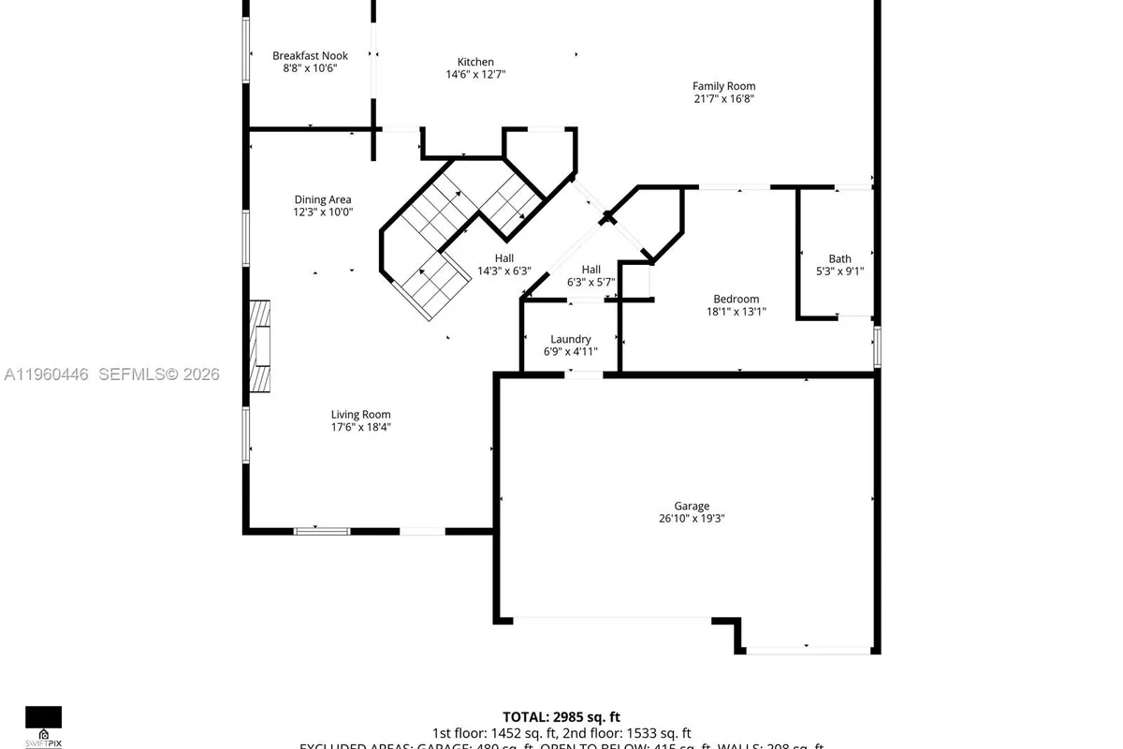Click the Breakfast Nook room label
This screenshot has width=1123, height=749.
point(310,56)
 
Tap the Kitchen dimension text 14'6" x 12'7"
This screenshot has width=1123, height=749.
point(475,74)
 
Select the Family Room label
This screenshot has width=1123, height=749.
point(723,86)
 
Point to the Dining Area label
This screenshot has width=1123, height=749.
point(323,199)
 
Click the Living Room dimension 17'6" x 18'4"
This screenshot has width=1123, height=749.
point(360,427)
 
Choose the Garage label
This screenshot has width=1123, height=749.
point(692,506)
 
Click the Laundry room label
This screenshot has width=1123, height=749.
point(570,339)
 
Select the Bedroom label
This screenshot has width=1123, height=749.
point(737,299)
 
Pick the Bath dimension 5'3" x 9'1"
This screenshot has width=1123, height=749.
point(839,272)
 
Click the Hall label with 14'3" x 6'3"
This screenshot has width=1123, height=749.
point(504,258)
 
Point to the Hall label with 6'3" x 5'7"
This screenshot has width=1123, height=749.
point(591,269)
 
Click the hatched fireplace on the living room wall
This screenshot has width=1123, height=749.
point(259,346)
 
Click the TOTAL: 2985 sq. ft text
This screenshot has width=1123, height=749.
point(561,717)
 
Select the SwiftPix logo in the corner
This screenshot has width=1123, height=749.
point(43,727)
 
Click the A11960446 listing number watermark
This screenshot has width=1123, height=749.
point(47,374)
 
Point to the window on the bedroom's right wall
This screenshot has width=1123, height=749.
point(877,346)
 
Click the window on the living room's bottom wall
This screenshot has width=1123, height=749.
point(322,531)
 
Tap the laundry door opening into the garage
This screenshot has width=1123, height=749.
point(585,374)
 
